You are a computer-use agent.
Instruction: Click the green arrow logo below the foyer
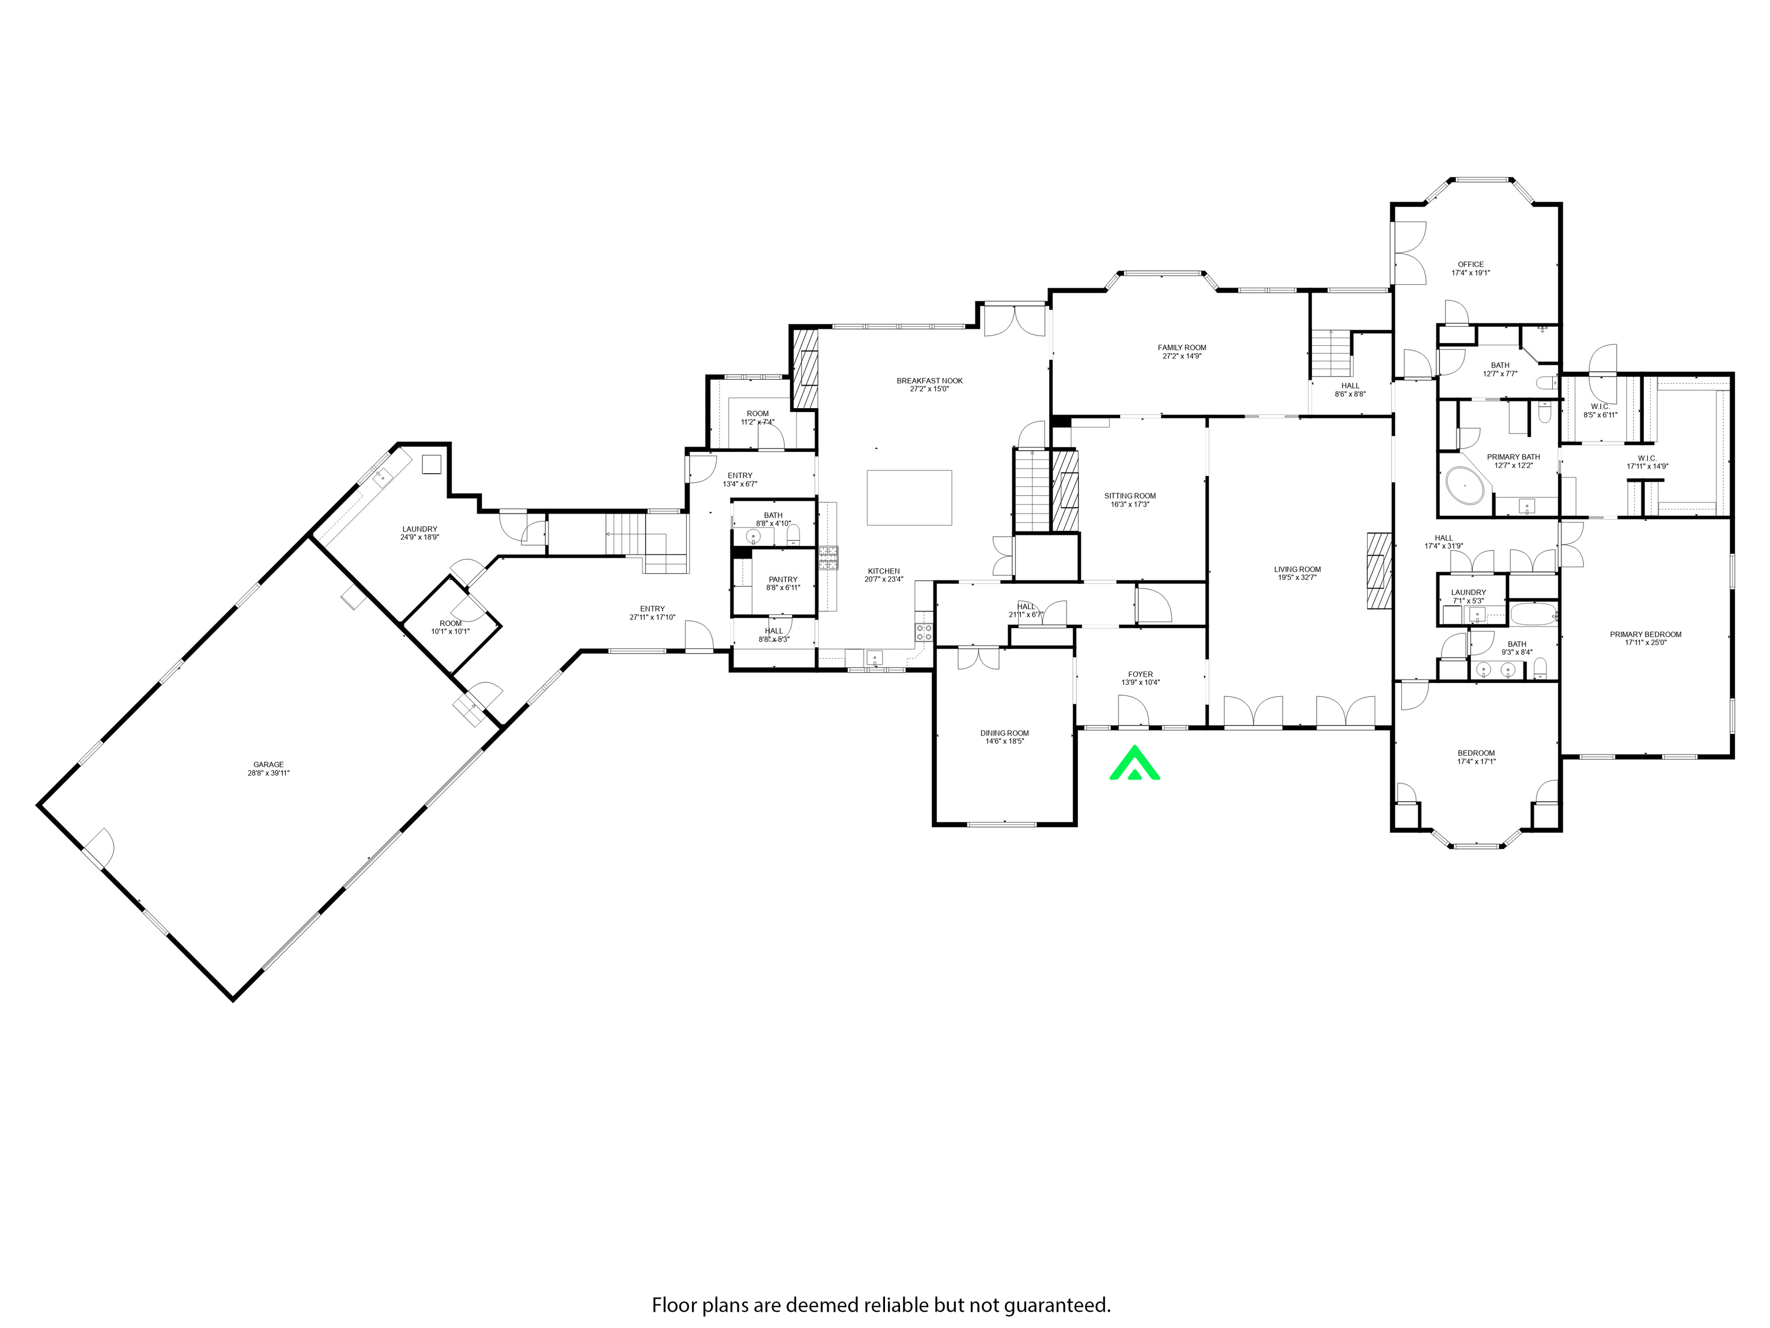coord(1134,763)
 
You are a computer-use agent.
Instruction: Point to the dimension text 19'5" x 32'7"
coord(1297,577)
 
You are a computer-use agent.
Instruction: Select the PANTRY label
coord(782,579)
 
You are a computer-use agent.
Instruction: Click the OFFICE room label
coord(1470,264)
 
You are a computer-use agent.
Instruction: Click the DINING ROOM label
coord(1004,733)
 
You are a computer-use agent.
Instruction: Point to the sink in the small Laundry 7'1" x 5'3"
coord(1476,615)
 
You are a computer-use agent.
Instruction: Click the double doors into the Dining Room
coord(978,658)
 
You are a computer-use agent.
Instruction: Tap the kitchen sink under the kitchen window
coord(875,658)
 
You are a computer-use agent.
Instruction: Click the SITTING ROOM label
coord(1130,496)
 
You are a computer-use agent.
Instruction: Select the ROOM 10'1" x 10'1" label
coord(451,624)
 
